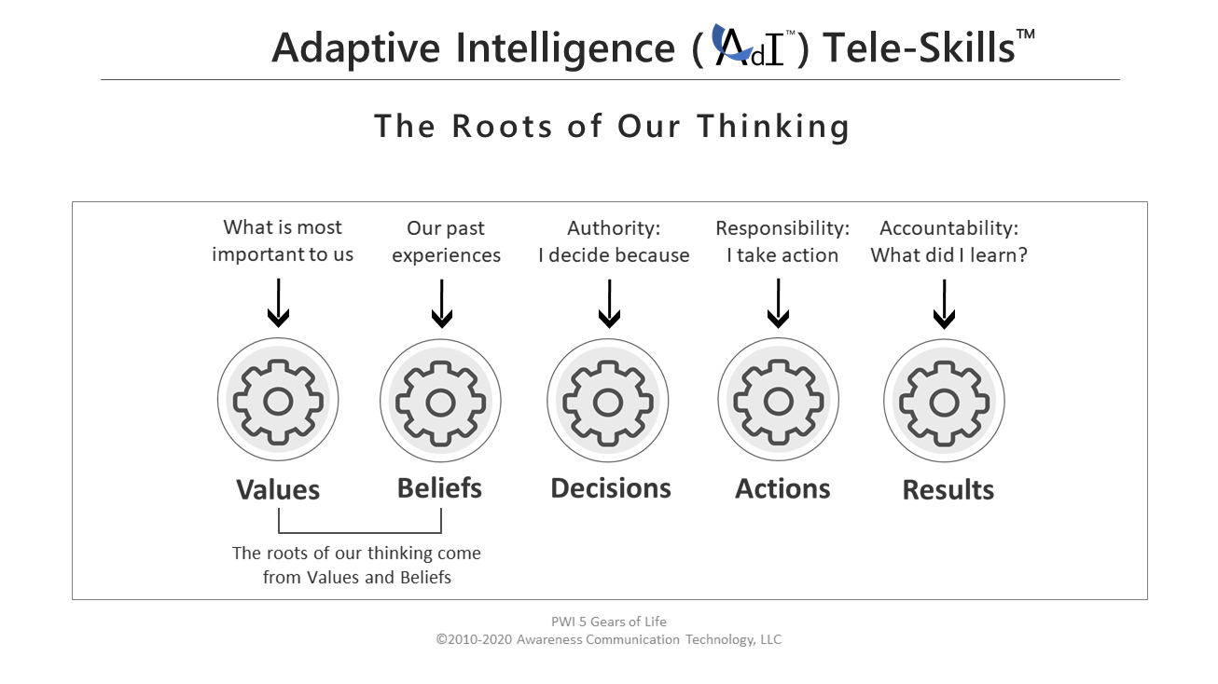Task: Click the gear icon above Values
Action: coord(278,400)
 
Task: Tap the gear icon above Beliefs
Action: coord(440,401)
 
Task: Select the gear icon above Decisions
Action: coord(607,401)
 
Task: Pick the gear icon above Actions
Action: coord(778,400)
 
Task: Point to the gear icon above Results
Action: coord(944,401)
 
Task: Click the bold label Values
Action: coord(278,489)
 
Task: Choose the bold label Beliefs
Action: coord(439,488)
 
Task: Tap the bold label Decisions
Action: coord(611,488)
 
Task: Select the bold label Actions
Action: coord(782,488)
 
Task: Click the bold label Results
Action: coord(948,489)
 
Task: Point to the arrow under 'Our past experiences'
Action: coord(441,304)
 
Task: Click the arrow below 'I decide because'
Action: coord(609,304)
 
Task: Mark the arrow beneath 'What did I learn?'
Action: coord(944,304)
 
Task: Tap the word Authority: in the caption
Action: coord(614,228)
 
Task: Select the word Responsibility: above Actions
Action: coord(782,228)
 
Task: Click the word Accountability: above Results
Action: coord(948,228)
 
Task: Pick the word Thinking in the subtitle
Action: coord(773,127)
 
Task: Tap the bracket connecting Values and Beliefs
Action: coord(359,532)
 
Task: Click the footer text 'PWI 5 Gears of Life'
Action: coord(608,622)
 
